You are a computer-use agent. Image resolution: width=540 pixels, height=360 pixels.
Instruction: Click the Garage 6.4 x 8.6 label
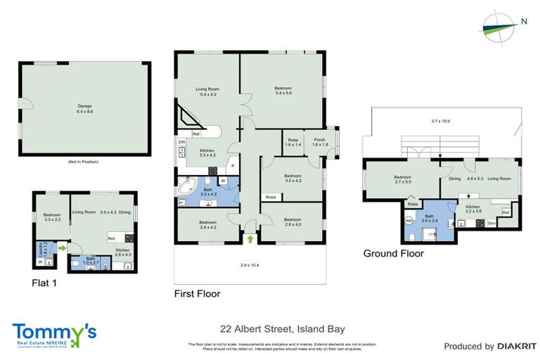pos(84,110)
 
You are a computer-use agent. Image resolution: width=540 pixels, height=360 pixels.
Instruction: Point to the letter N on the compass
pos(524,21)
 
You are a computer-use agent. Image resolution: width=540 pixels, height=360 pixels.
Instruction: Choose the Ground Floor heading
pos(393,253)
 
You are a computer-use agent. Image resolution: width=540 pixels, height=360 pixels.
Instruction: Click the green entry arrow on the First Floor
pos(251,240)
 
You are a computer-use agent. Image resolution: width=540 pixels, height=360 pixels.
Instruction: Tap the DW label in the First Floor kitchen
pos(182,141)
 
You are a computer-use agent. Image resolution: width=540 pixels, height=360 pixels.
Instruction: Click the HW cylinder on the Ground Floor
pos(409,220)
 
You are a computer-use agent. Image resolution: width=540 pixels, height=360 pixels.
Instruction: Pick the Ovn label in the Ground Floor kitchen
pos(492,224)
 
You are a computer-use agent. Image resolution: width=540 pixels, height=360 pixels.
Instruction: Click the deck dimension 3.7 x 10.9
pos(441,122)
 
